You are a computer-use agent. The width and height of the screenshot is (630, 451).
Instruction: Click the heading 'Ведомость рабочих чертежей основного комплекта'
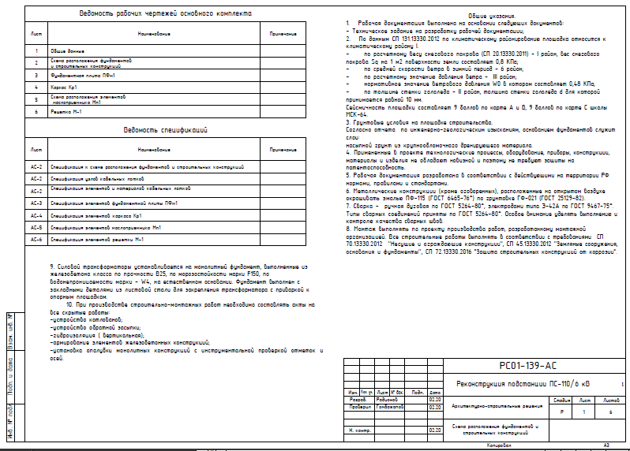[x=167, y=15]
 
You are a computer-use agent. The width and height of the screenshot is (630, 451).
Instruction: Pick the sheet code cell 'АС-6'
[x=36, y=238]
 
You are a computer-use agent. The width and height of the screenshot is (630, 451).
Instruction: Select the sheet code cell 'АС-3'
[x=36, y=203]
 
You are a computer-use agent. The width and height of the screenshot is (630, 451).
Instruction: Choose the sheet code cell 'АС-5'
[x=36, y=226]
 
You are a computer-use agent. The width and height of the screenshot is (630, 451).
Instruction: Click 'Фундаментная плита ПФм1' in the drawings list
[x=78, y=75]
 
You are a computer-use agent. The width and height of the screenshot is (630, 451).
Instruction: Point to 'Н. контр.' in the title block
[x=360, y=430]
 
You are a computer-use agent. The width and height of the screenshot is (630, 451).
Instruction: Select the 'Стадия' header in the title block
[x=563, y=401]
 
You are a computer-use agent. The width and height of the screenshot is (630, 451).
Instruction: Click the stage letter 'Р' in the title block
[x=562, y=412]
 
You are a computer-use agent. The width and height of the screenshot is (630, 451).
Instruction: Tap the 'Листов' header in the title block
[x=611, y=401]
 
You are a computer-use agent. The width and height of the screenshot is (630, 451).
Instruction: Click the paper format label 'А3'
[x=606, y=445]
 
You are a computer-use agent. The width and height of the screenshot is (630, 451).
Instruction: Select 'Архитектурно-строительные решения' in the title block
[x=496, y=406]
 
